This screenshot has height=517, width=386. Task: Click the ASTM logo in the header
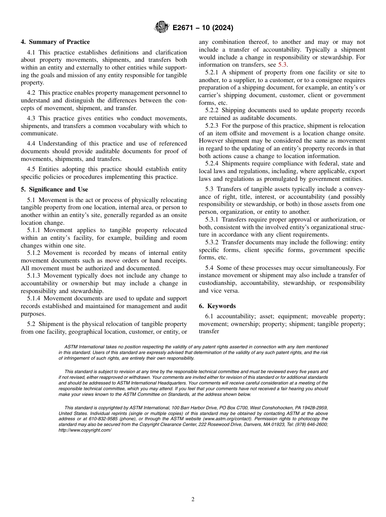(x=161, y=28)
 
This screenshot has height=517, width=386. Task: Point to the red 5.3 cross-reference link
(x=282, y=65)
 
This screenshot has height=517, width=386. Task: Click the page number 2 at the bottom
(x=193, y=500)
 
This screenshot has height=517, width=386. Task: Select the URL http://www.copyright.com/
(x=85, y=430)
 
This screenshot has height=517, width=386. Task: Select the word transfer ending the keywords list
(x=209, y=331)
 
